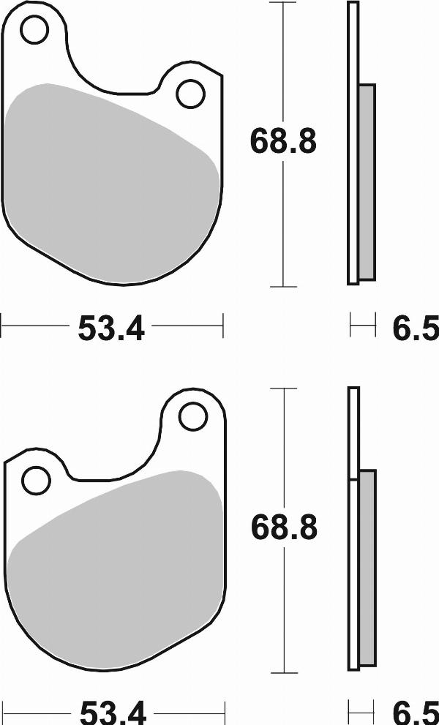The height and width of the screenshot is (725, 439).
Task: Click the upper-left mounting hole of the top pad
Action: (x=33, y=30)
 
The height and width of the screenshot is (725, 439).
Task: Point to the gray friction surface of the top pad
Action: (x=110, y=183)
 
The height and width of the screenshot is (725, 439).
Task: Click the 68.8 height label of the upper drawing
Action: (x=283, y=140)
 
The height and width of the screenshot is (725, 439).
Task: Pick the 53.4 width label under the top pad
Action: (x=112, y=329)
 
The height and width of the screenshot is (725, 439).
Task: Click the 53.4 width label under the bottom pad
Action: (x=112, y=712)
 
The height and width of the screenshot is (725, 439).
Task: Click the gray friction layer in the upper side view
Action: (x=367, y=181)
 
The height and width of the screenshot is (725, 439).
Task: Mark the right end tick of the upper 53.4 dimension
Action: (x=222, y=324)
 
